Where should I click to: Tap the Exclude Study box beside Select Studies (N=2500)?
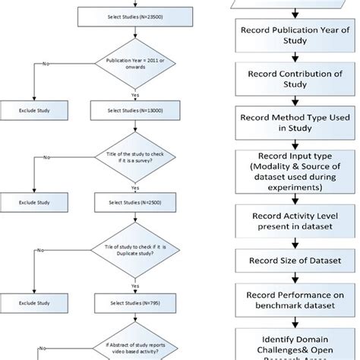click(35, 204)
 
